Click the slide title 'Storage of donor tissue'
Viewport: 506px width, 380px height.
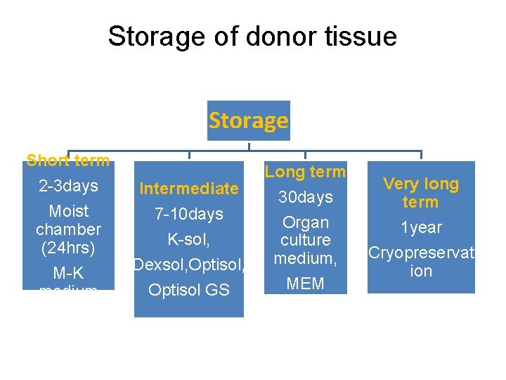tap(252, 37)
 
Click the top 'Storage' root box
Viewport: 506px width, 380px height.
tap(248, 121)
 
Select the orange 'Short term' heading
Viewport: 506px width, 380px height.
tap(68, 160)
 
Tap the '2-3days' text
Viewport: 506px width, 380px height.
tap(68, 186)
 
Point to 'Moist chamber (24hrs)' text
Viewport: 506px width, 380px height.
tap(68, 229)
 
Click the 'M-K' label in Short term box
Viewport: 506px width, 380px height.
tap(68, 273)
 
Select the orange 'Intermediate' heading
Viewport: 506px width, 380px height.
tap(188, 189)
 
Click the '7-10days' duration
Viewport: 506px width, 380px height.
tap(188, 214)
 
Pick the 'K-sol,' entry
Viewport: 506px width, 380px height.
tap(188, 239)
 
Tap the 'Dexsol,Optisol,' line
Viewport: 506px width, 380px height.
tap(188, 265)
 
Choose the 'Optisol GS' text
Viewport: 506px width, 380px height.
tap(188, 290)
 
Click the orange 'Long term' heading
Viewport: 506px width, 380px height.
tap(305, 172)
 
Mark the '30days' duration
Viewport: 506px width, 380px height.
tap(305, 197)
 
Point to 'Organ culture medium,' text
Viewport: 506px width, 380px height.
tap(305, 241)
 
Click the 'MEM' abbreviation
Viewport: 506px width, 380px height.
tap(305, 284)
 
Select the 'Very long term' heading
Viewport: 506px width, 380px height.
tap(420, 194)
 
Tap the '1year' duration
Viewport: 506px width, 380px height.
tap(420, 227)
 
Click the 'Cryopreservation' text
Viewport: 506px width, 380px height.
tap(420, 262)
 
